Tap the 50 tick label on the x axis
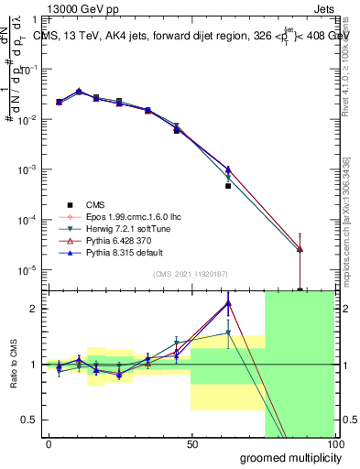(x=191, y=444)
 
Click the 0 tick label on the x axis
(x=49, y=444)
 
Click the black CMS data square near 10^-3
(x=228, y=185)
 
